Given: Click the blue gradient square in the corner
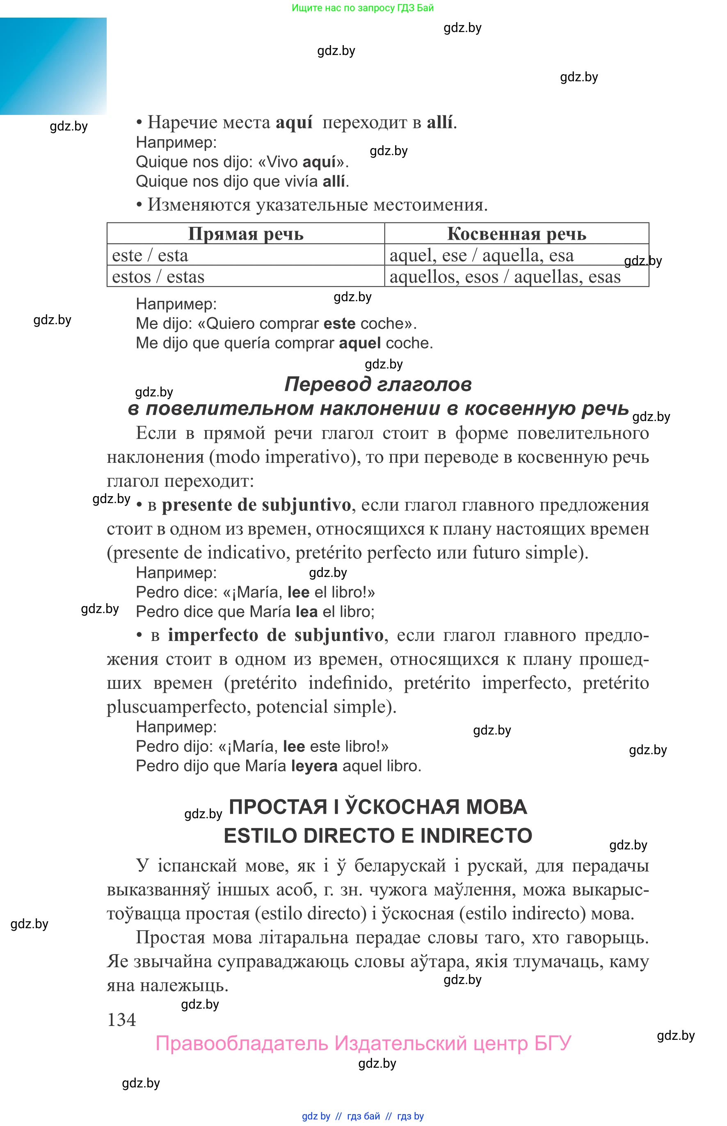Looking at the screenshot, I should [53, 66].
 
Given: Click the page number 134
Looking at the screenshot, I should [121, 1019].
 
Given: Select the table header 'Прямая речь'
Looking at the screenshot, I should [245, 234].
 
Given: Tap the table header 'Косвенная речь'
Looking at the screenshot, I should [517, 234].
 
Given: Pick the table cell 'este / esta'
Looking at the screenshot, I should [150, 255].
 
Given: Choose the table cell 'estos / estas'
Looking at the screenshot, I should [158, 277].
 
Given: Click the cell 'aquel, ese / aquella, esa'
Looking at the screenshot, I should [482, 255].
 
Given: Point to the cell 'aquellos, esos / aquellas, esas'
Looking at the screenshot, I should [505, 277].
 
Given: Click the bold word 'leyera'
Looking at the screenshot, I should [314, 765].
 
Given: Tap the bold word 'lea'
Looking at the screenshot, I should [306, 611].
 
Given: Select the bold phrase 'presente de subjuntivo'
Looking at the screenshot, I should [256, 505].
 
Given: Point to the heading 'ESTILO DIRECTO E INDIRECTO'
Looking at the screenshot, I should [378, 835].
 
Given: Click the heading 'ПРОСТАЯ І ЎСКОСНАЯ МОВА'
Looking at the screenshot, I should [378, 807].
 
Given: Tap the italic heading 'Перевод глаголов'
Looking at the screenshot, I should [378, 384].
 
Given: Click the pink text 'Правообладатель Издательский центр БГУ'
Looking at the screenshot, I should [363, 1044].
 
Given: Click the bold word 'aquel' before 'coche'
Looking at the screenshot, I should [360, 343].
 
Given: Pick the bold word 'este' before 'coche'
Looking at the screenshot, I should [339, 323].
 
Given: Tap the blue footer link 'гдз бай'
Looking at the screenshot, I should [363, 1116].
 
